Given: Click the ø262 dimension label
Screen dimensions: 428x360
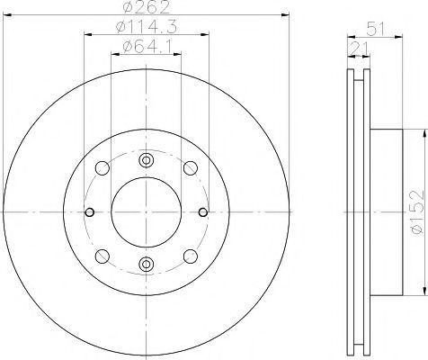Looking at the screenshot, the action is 147,7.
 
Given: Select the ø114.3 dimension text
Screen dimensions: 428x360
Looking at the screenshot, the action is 147,27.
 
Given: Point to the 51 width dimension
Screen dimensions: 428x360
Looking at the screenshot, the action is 375,30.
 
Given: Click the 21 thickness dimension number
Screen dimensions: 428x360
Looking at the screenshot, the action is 359,48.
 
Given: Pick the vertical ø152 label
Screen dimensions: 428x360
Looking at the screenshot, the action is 418,211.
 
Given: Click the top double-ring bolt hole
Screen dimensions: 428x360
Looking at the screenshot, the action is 147,160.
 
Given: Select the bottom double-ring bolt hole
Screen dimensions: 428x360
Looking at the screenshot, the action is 147,264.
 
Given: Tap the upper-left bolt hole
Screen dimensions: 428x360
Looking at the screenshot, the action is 102,168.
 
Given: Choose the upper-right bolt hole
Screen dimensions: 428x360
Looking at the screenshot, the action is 191,168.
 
